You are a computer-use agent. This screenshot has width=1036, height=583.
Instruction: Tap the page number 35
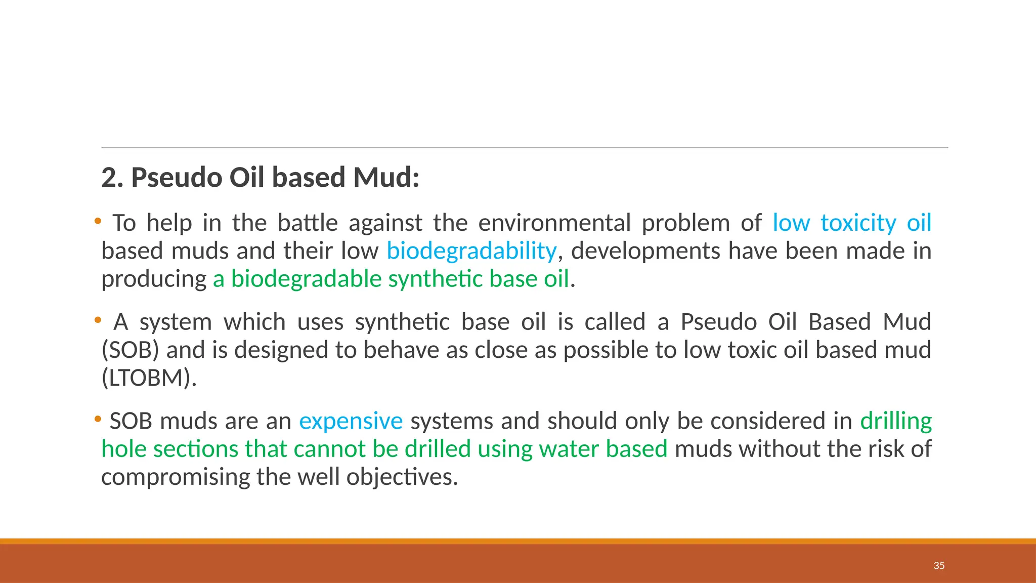pos(939,566)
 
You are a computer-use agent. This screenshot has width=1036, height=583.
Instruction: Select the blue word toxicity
pos(858,223)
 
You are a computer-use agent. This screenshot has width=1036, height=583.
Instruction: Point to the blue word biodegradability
pos(471,252)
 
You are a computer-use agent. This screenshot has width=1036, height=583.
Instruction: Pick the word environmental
pos(554,223)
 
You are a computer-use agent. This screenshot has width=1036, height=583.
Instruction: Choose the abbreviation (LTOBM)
pos(149,378)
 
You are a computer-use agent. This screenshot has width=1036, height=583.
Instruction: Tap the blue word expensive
pos(351,421)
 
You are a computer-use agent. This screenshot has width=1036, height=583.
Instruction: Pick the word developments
pos(646,252)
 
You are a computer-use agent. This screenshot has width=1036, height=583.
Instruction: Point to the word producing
pos(154,279)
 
